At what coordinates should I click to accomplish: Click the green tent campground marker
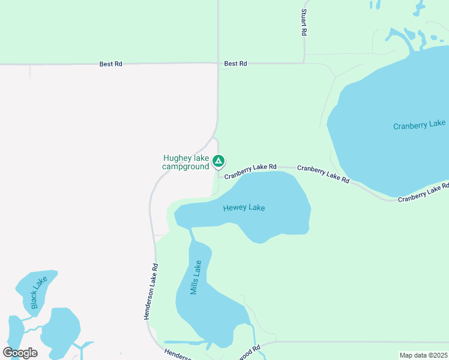pyautogui.click(x=219, y=161)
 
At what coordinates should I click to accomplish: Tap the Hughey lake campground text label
pyautogui.click(x=186, y=162)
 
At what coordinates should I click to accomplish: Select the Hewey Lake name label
pyautogui.click(x=244, y=208)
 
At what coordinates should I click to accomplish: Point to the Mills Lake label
pyautogui.click(x=196, y=278)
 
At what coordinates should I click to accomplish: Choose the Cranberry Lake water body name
pyautogui.click(x=419, y=125)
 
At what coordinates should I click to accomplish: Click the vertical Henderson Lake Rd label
pyautogui.click(x=150, y=292)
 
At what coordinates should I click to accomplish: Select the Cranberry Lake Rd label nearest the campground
pyautogui.click(x=250, y=172)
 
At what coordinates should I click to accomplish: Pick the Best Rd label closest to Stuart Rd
pyautogui.click(x=235, y=63)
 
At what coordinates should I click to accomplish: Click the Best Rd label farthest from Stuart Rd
pyautogui.click(x=111, y=63)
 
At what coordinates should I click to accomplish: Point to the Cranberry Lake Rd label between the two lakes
pyautogui.click(x=323, y=175)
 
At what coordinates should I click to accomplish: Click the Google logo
pyautogui.click(x=20, y=352)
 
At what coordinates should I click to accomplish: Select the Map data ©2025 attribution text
pyautogui.click(x=423, y=355)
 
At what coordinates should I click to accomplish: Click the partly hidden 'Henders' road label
pyautogui.click(x=177, y=355)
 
